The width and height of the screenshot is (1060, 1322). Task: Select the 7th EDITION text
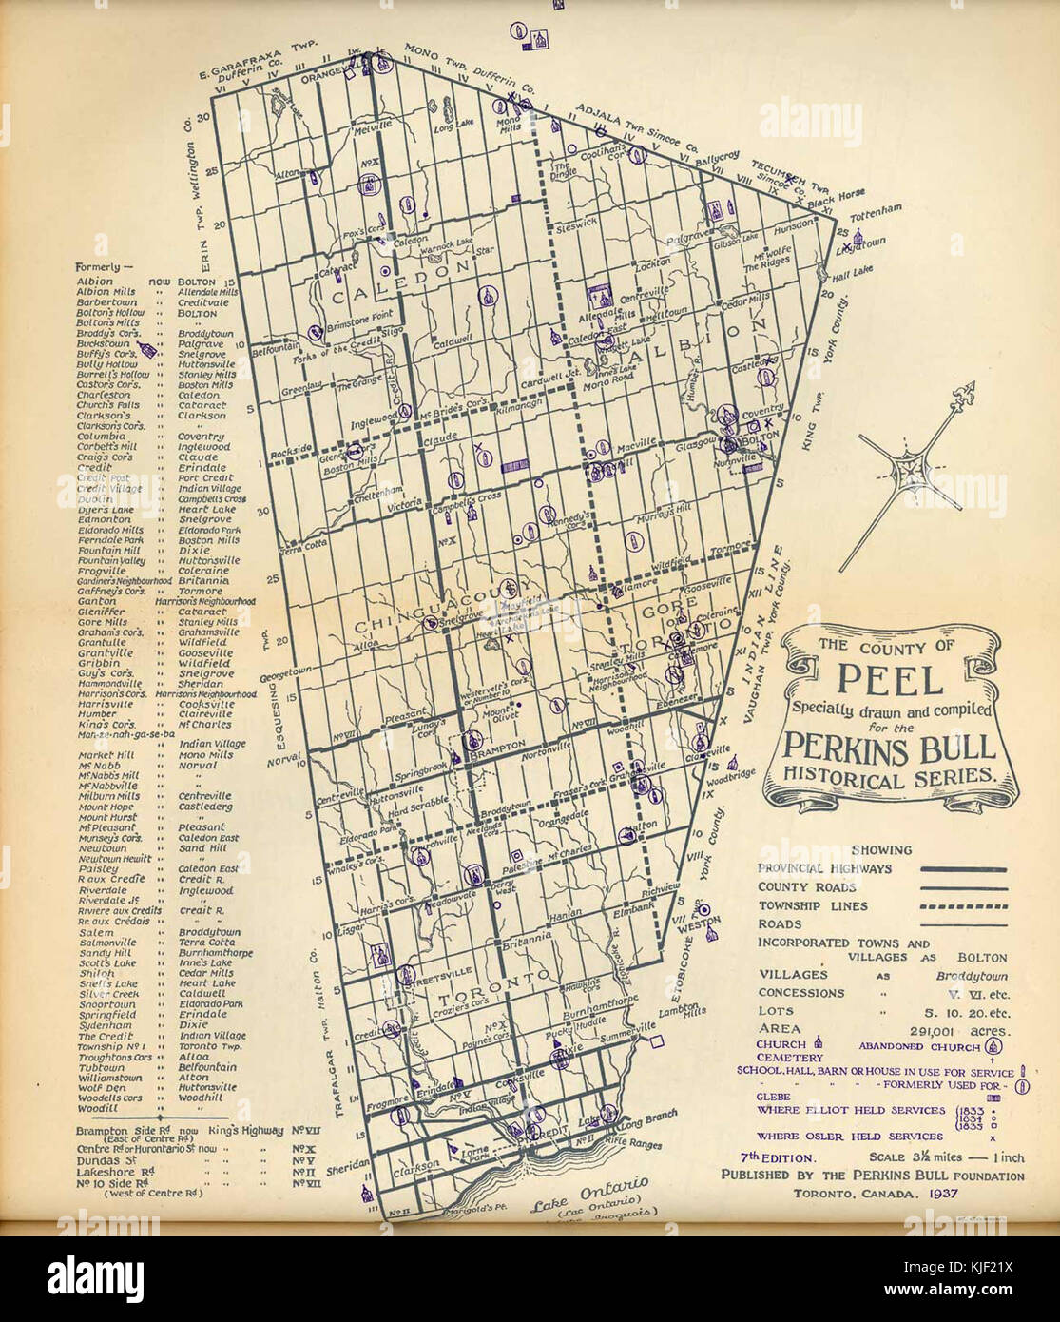(x=780, y=1158)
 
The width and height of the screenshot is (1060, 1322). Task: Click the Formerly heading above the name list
(x=98, y=267)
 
